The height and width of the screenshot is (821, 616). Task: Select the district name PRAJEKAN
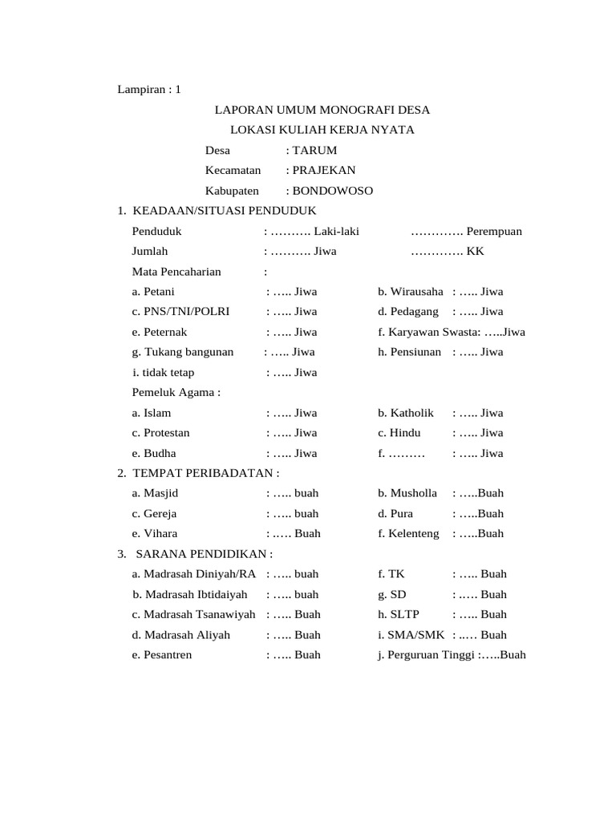324,170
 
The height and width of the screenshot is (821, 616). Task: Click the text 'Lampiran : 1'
149,89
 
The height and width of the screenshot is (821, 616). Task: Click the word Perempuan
494,231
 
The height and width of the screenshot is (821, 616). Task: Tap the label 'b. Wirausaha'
410,291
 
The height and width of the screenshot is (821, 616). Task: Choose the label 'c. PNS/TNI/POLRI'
180,311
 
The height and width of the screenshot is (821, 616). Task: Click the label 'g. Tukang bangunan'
183,351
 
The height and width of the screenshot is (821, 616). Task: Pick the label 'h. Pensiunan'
409,351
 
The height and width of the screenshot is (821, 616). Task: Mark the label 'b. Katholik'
405,413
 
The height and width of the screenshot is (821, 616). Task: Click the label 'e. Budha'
153,453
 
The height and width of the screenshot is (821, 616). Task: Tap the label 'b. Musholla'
407,493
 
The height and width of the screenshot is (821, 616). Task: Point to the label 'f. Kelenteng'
408,533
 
